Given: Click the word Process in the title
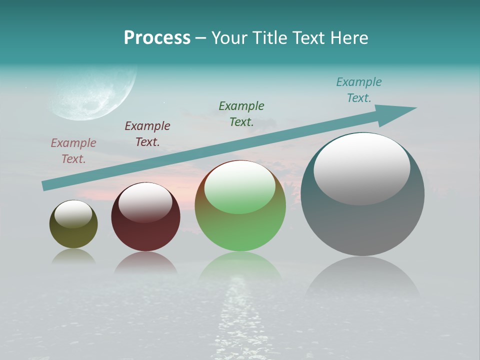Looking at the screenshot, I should coord(157,38).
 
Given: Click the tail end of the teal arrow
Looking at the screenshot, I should coord(46,185).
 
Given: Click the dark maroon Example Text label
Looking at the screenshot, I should coord(147,134).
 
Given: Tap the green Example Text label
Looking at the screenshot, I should coord(241,114).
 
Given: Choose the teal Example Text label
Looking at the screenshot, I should coord(359,90).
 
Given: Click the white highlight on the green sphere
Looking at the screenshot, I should coord(240,186).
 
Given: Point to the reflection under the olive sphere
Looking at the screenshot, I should coord(73,256).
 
